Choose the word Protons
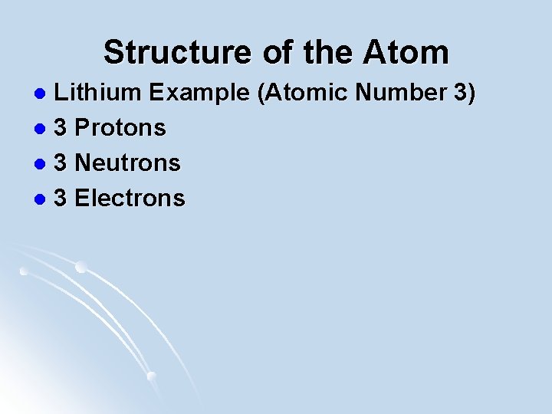121,128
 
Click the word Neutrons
128,163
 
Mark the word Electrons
130,199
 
